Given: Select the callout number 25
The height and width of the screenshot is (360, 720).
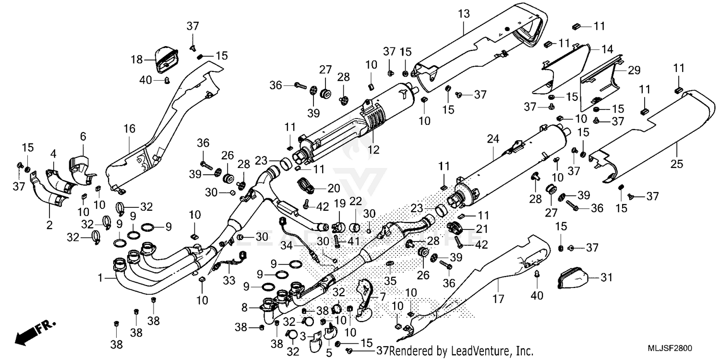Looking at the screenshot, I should tap(676, 165).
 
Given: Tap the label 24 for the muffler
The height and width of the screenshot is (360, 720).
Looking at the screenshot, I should tap(493, 139).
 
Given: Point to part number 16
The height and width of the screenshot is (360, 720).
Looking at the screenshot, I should tap(130, 129).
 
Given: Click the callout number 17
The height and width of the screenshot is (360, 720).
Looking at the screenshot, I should tap(498, 300).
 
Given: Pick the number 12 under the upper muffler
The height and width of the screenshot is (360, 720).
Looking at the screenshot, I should tap(374, 150).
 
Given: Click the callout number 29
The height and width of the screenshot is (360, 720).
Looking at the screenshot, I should tap(634, 70).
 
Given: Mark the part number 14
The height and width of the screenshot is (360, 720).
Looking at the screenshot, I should tap(607, 48).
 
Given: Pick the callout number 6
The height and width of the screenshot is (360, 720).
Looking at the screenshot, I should tap(83, 137).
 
